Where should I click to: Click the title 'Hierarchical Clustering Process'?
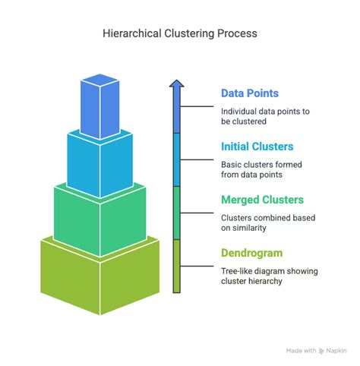pyautogui.click(x=180, y=33)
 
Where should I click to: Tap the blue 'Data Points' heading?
pyautogui.click(x=249, y=93)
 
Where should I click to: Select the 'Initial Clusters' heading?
pyautogui.click(x=257, y=147)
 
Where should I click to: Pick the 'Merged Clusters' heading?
pyautogui.click(x=262, y=200)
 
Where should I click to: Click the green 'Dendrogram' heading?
pyautogui.click(x=253, y=253)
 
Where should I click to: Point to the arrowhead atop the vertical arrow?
pyautogui.click(x=176, y=84)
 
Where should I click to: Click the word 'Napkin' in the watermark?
pyautogui.click(x=337, y=351)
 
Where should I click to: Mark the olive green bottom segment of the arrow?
pyautogui.click(x=176, y=266)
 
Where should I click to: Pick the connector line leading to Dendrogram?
pyautogui.click(x=197, y=267)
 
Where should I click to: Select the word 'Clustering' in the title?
pyautogui.click(x=182, y=33)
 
